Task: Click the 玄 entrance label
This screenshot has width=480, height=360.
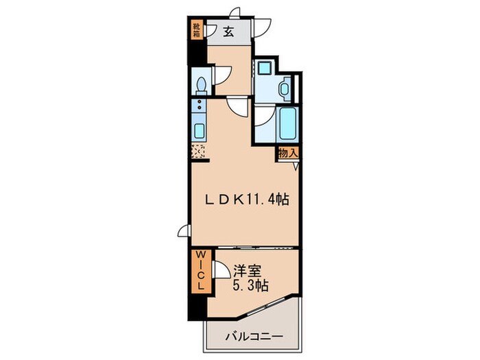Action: (x=228, y=30)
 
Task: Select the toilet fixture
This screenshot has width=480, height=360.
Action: (x=202, y=84)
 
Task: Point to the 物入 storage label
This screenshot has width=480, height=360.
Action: (x=287, y=154)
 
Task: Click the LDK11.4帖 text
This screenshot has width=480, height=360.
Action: (x=248, y=200)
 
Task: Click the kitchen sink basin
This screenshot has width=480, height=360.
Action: (x=200, y=130)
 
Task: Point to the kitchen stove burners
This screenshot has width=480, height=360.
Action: (x=200, y=106)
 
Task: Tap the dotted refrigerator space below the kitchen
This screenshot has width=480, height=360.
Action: (x=200, y=152)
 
